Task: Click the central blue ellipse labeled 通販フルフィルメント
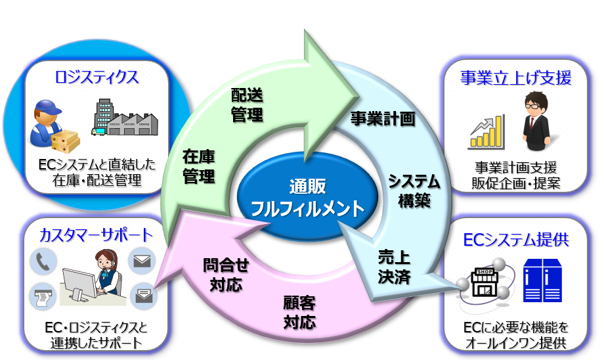pos(308,198)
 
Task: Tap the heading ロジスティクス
pos(97,77)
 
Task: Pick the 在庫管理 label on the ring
pos(199,167)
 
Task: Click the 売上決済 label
pos(394,267)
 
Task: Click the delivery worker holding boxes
pos(55,125)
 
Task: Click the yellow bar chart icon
pos(486,132)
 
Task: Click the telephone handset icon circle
pos(43,263)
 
